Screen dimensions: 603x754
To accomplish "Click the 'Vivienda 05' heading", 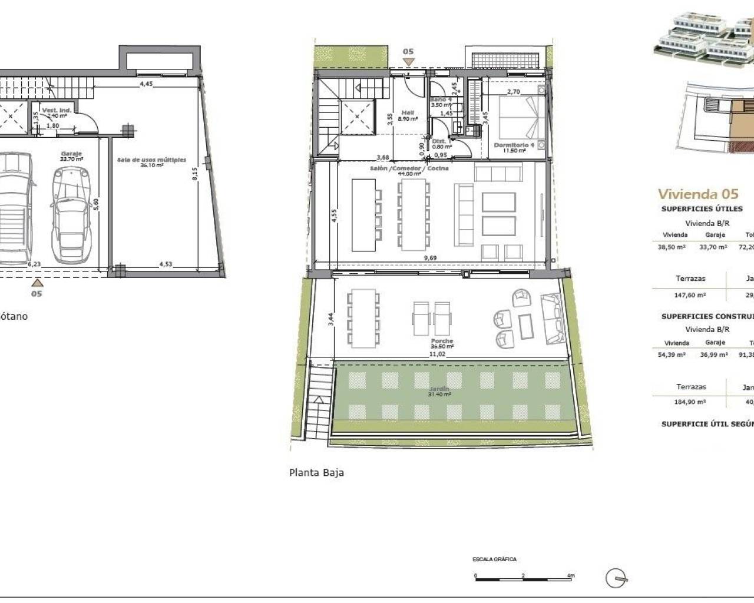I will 697,194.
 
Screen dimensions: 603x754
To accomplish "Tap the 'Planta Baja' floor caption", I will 316,472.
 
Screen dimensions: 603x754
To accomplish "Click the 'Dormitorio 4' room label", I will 514,145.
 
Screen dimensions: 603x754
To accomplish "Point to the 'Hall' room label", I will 408,112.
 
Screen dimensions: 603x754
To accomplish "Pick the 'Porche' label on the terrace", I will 442,341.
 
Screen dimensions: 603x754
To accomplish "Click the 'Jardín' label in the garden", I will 439,389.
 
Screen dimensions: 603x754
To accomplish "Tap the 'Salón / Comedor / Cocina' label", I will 409,168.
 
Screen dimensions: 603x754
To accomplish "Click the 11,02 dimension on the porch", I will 436,354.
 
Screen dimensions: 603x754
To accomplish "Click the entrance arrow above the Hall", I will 408,61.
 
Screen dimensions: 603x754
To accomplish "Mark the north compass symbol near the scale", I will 616,579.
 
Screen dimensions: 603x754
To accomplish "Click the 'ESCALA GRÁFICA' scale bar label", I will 494,559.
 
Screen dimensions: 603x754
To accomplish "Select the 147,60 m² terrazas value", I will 691,297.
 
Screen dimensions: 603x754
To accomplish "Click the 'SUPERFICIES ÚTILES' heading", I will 702,209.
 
